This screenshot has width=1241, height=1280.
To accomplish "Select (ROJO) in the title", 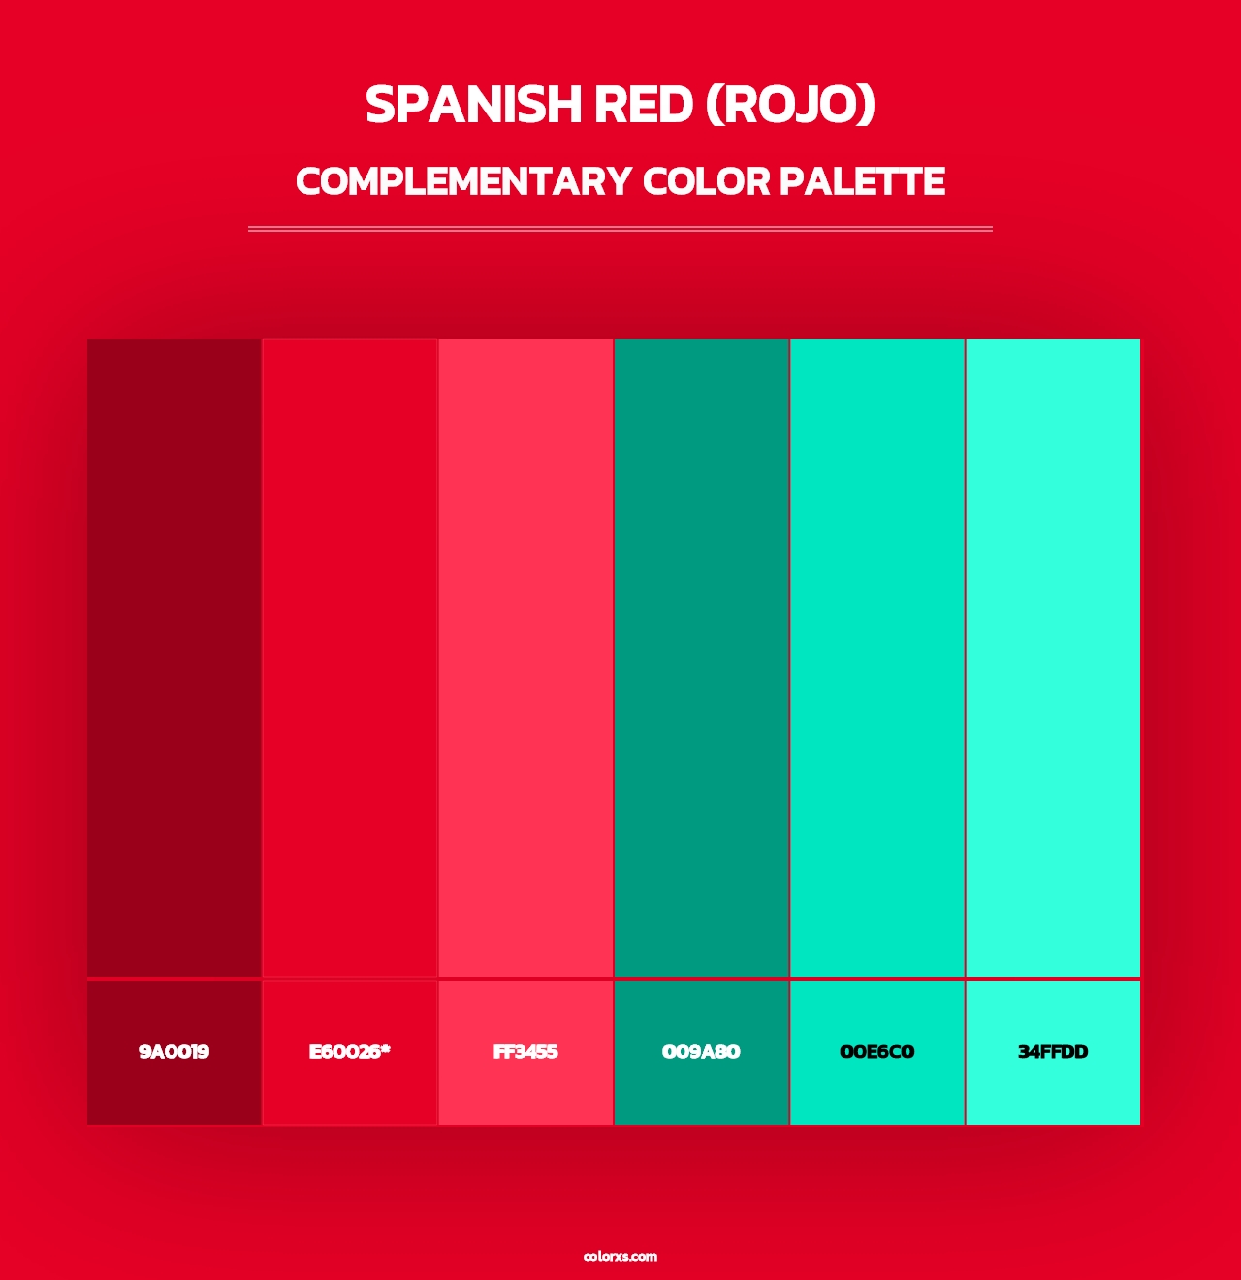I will pyautogui.click(x=790, y=105).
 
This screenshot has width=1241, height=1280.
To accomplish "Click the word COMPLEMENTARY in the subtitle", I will pyautogui.click(x=463, y=182).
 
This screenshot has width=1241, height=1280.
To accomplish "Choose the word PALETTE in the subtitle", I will pyautogui.click(x=862, y=182).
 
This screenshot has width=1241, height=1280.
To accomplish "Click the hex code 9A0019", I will pyautogui.click(x=174, y=1052).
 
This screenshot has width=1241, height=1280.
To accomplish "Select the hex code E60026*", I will pyautogui.click(x=349, y=1052).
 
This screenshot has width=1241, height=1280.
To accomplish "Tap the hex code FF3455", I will pyautogui.click(x=525, y=1052).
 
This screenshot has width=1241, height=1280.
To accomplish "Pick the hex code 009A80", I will pyautogui.click(x=701, y=1052).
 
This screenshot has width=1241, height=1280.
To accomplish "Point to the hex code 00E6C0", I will pyautogui.click(x=876, y=1052).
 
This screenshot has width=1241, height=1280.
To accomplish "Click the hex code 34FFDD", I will pyautogui.click(x=1053, y=1052).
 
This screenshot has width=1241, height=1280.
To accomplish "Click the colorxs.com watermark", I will pyautogui.click(x=620, y=1256).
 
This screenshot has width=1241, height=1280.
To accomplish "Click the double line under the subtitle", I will pyautogui.click(x=620, y=229).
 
